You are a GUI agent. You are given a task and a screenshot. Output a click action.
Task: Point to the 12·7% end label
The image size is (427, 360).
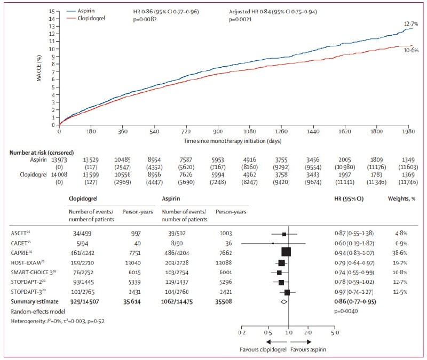pyautogui.click(x=412, y=23)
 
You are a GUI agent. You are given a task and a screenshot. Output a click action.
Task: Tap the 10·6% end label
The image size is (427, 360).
pyautogui.click(x=412, y=50)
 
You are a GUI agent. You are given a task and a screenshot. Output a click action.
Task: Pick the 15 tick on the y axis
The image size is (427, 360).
pyautogui.click(x=52, y=11)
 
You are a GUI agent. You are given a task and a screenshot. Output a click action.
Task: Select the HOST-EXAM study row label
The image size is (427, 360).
pyautogui.click(x=26, y=262)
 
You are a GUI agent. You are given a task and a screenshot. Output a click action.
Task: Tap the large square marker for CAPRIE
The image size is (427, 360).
pyautogui.click(x=286, y=252)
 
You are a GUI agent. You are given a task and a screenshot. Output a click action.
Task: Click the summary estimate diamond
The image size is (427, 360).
pyautogui.click(x=284, y=302)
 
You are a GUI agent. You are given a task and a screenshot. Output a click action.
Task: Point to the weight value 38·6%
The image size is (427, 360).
pyautogui.click(x=401, y=252)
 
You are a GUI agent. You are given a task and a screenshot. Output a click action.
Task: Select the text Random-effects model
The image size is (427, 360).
pyautogui.click(x=34, y=311)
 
